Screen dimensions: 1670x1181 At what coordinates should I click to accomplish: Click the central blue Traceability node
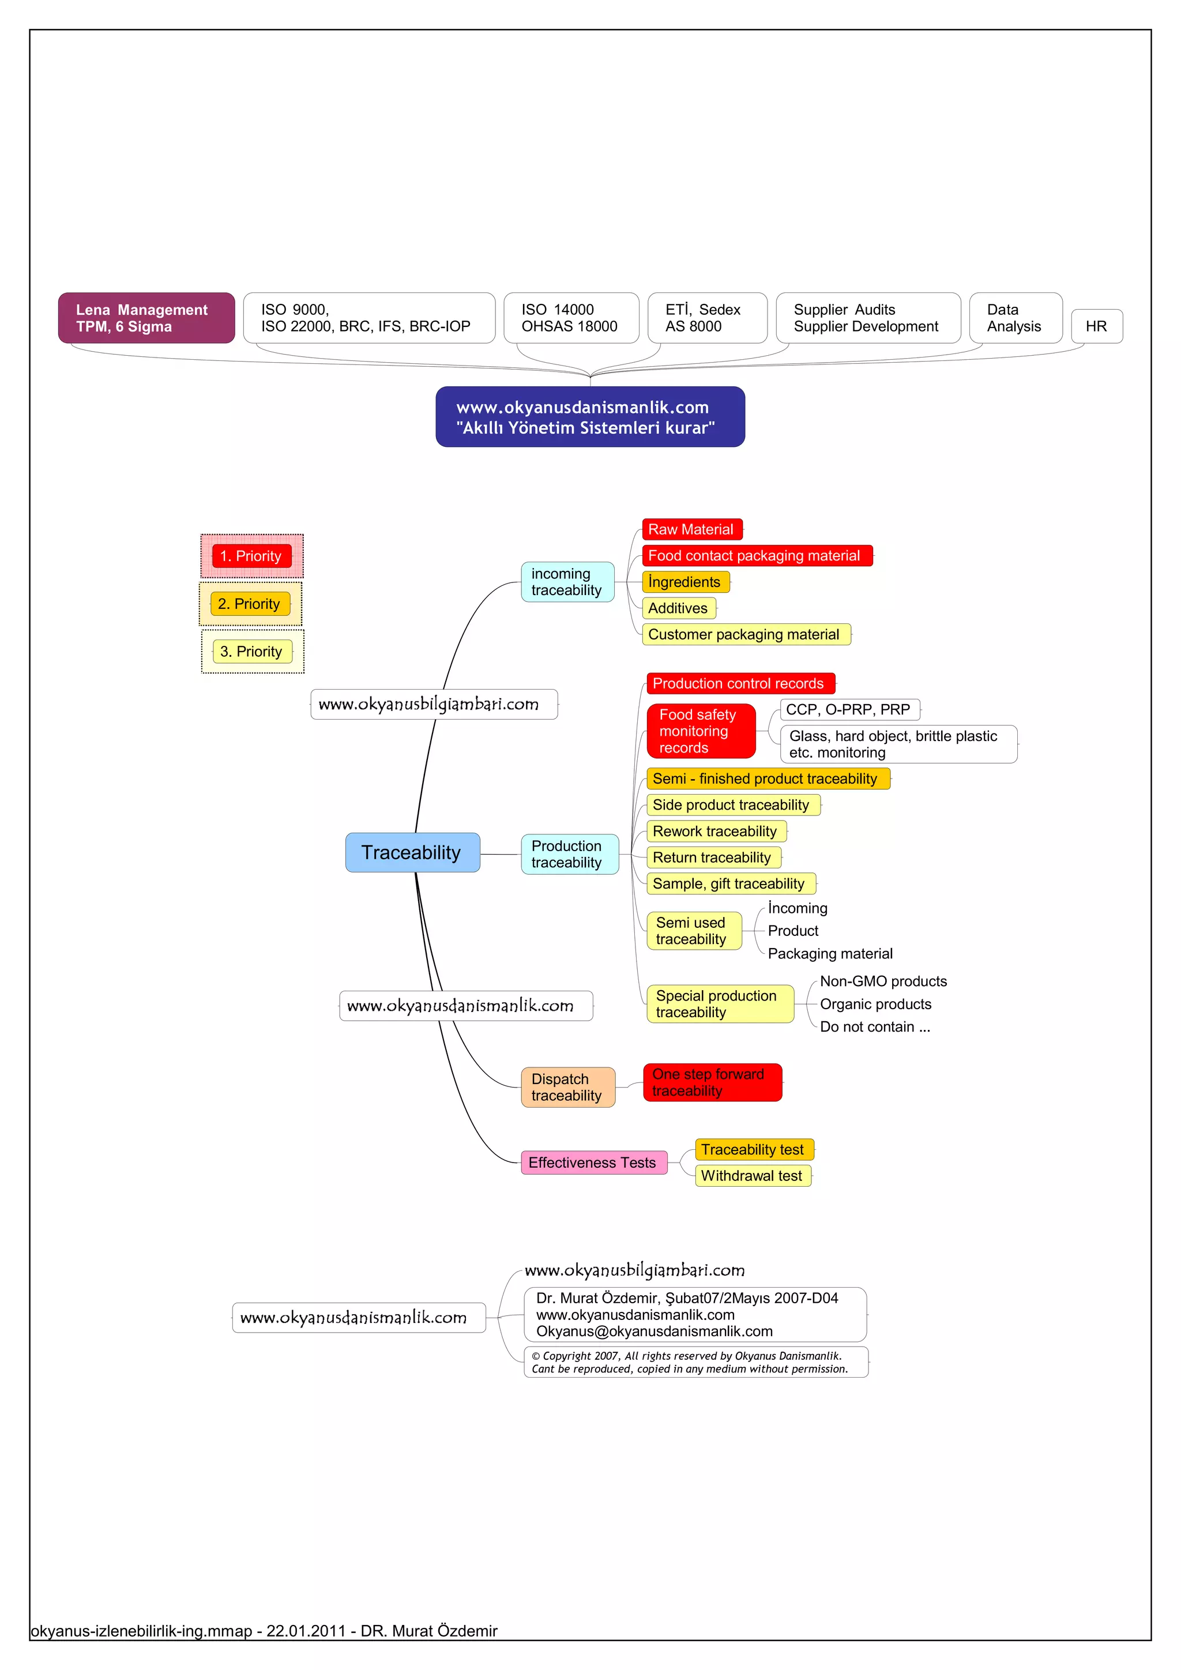(x=412, y=852)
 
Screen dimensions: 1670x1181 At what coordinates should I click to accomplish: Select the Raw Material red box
(x=691, y=529)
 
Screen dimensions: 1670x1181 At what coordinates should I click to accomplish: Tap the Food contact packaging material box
(x=757, y=556)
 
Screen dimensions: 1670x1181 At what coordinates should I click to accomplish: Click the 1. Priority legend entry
(x=251, y=556)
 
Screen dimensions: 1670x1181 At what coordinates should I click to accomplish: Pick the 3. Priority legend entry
(x=251, y=652)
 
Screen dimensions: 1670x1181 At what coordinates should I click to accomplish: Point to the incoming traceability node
(x=567, y=582)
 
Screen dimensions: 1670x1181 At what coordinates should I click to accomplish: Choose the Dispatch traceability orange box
(x=567, y=1088)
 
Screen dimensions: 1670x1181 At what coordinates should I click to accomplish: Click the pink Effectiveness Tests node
(x=593, y=1163)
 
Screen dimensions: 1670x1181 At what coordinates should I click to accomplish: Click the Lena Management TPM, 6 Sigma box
(x=146, y=318)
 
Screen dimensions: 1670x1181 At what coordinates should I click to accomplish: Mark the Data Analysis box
(x=1014, y=318)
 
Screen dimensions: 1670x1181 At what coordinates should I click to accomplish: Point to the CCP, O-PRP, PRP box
(x=849, y=709)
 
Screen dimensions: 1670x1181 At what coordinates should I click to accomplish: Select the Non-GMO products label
(x=883, y=981)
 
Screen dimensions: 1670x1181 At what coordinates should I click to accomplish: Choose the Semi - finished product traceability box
(x=766, y=778)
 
